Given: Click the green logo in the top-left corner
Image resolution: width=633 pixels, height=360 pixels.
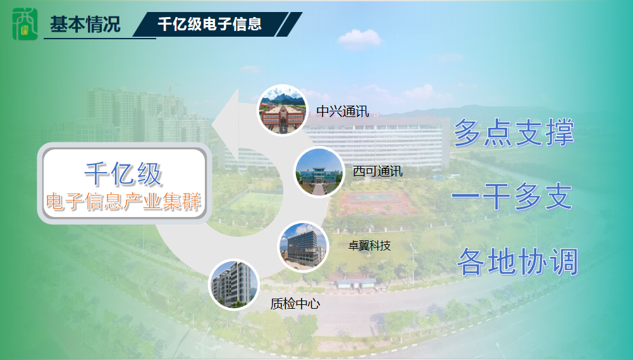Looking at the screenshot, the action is tap(25, 24).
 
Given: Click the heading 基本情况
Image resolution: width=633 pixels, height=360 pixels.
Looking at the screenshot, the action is tap(85, 24).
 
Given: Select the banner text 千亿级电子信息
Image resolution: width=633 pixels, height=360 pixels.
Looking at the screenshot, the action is tap(209, 24).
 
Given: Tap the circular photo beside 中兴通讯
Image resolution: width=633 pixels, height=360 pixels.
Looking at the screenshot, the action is tap(282, 110).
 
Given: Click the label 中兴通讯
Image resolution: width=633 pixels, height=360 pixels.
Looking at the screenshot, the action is tap(342, 111).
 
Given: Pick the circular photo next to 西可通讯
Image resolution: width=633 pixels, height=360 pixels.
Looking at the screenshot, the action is tap(319, 172).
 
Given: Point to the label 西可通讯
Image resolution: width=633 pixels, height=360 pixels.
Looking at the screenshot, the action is tap(378, 171).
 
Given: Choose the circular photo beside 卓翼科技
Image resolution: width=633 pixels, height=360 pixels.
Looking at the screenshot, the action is tap(303, 247).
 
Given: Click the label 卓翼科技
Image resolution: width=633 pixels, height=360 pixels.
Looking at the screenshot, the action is tap(369, 245).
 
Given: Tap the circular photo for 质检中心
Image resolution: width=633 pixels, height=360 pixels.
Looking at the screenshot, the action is tap(234, 285).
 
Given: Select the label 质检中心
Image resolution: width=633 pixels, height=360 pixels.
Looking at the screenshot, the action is tap(295, 304).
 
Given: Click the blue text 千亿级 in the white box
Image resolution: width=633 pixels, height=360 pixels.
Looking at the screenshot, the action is tap(123, 174).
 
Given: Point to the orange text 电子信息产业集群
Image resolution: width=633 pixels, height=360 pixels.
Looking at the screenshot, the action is tap(123, 201).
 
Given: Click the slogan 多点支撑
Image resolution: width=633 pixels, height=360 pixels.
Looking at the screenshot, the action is tap(514, 132).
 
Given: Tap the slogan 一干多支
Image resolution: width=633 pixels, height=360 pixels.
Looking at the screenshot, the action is tap(512, 196).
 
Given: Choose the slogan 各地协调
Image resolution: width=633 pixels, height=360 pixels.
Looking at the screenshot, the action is tap(518, 261).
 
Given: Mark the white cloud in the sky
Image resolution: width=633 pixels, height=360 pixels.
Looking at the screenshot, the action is tap(359, 39).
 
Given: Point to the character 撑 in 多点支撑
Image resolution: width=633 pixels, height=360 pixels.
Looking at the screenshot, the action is tap(560, 132).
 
